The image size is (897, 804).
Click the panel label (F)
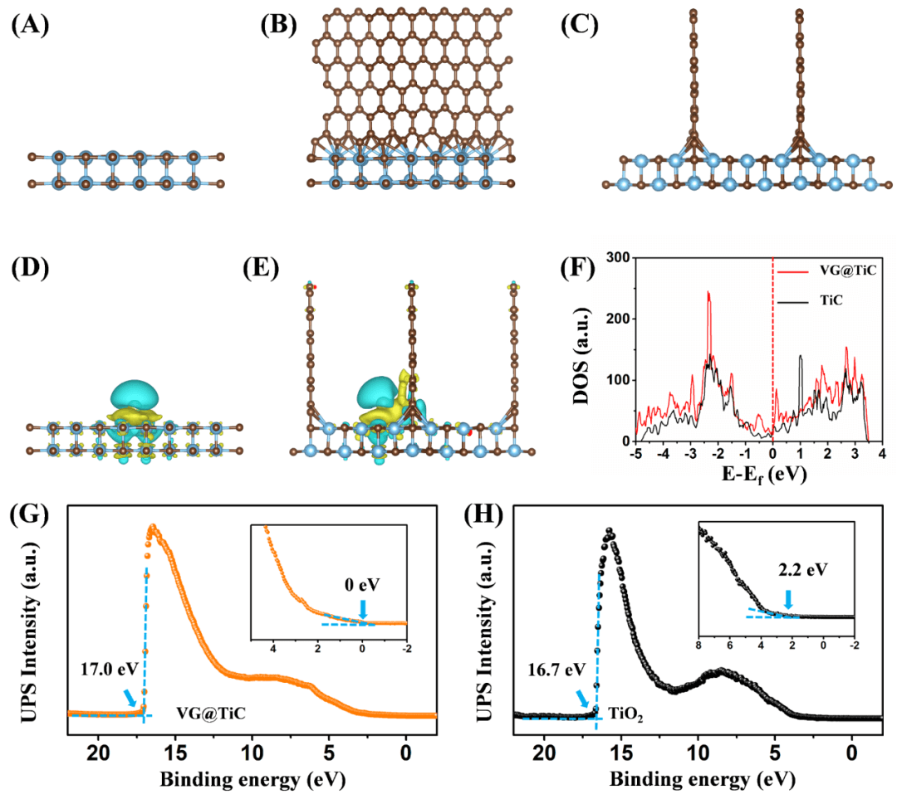pyautogui.click(x=578, y=270)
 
